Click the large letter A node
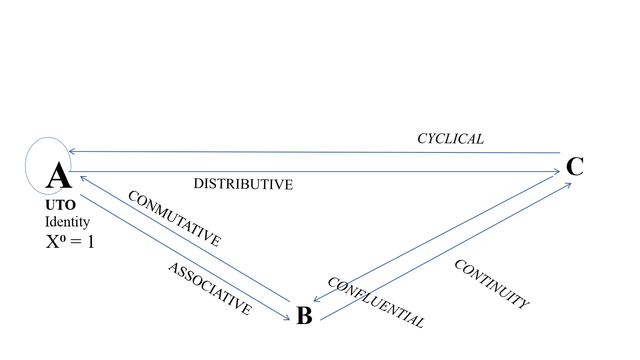(59, 176)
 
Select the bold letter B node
(304, 315)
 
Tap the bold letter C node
(575, 166)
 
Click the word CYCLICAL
(450, 139)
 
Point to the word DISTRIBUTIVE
(243, 184)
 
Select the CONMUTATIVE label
(175, 219)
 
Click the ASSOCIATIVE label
(210, 288)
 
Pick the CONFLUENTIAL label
(376, 303)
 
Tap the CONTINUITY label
(491, 284)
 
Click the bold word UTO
(60, 205)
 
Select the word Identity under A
(67, 222)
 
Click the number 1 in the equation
(91, 242)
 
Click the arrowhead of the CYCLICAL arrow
(70, 151)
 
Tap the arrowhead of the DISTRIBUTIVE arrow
(558, 171)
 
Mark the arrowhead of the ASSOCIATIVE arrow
(288, 319)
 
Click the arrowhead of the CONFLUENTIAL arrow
(315, 300)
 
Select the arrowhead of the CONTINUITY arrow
(570, 184)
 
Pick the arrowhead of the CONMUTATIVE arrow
(81, 177)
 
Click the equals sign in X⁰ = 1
(76, 242)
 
